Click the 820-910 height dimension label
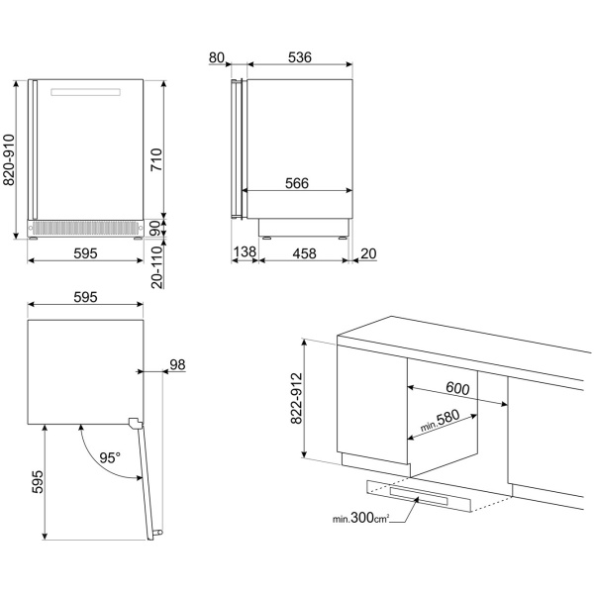tap(9, 159)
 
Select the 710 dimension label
tap(156, 159)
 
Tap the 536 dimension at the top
tap(300, 57)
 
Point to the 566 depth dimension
tap(297, 183)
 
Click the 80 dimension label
tap(216, 57)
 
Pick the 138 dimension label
tap(245, 251)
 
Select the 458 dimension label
tap(304, 253)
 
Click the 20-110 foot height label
tap(156, 267)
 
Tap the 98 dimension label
tap(177, 364)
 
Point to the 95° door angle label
tap(110, 457)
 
